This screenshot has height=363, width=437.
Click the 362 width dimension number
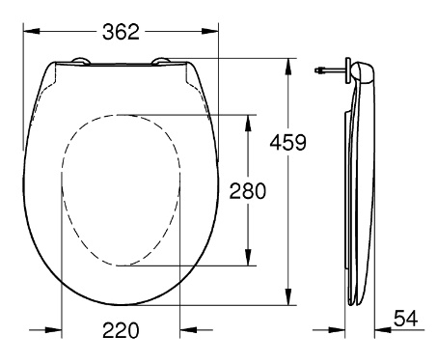(121, 32)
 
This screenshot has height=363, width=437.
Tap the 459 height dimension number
(288, 143)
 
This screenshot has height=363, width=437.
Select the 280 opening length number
(248, 191)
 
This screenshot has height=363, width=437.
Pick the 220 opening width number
(121, 330)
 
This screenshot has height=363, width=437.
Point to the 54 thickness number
(406, 319)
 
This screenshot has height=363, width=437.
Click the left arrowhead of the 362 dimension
(32, 31)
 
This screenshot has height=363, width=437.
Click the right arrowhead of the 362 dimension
(210, 31)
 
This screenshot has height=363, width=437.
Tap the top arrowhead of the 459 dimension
(288, 67)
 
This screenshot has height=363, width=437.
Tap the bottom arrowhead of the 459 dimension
(288, 296)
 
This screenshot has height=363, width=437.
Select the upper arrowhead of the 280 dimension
(248, 123)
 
